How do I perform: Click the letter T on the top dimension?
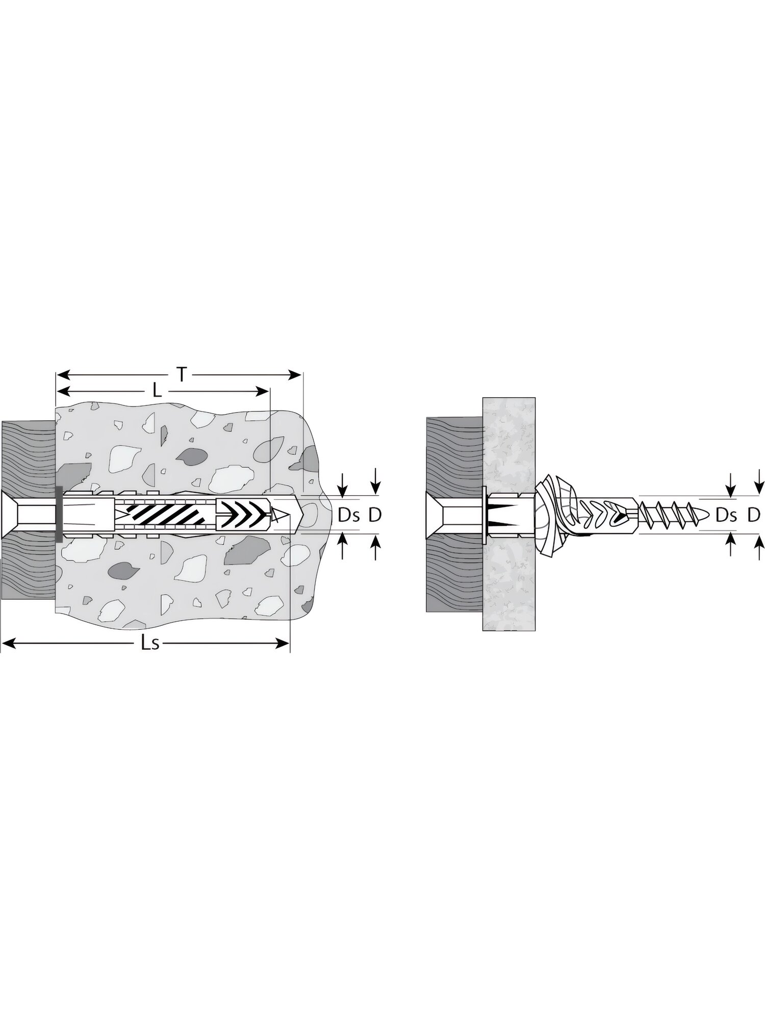(x=181, y=375)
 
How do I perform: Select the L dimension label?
(x=158, y=391)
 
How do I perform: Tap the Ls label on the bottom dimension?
(x=151, y=644)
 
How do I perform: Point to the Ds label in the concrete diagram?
(x=349, y=516)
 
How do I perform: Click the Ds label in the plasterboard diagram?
(x=727, y=516)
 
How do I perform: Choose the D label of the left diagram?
(x=375, y=516)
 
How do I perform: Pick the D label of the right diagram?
(x=754, y=516)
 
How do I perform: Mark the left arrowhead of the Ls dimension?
(x=9, y=644)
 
